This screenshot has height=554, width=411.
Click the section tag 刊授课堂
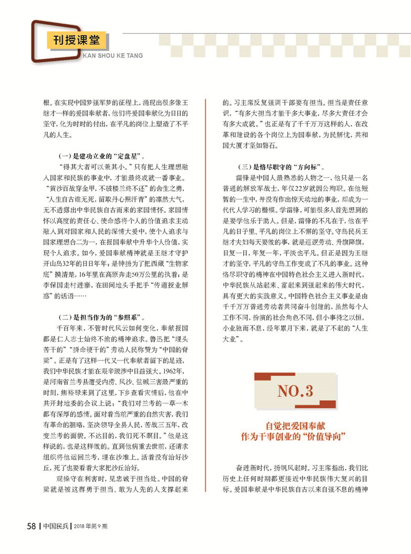click(x=76, y=42)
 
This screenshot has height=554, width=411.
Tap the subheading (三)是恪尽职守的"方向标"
click(x=282, y=167)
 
